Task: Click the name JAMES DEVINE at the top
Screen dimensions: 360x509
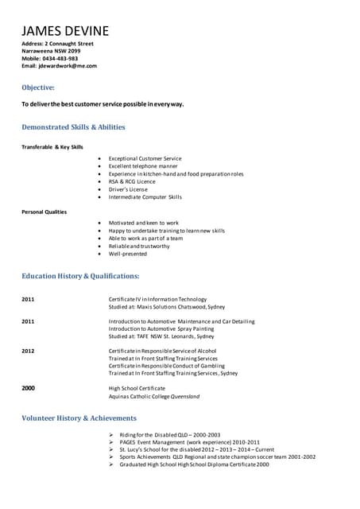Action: (x=65, y=31)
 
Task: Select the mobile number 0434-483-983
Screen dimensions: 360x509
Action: (x=61, y=58)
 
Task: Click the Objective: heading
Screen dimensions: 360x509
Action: (x=38, y=87)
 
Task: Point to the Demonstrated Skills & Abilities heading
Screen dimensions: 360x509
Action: (x=73, y=126)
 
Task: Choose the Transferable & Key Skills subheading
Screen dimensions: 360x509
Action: (x=52, y=146)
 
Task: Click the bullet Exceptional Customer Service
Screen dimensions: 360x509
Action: (x=145, y=158)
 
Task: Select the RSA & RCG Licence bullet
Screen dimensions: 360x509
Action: (x=132, y=181)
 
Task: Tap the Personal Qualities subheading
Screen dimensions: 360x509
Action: (x=44, y=212)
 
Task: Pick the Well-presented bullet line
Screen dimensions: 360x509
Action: (x=128, y=254)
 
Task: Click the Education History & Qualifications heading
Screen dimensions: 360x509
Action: (x=80, y=275)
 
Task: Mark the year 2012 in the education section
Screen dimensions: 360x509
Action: (x=28, y=350)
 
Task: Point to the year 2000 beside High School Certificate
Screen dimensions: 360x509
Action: (x=28, y=387)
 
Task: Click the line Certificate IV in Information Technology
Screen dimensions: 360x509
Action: (x=157, y=299)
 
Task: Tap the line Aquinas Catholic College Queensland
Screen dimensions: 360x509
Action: (x=154, y=396)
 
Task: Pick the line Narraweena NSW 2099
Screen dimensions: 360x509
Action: (x=51, y=50)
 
